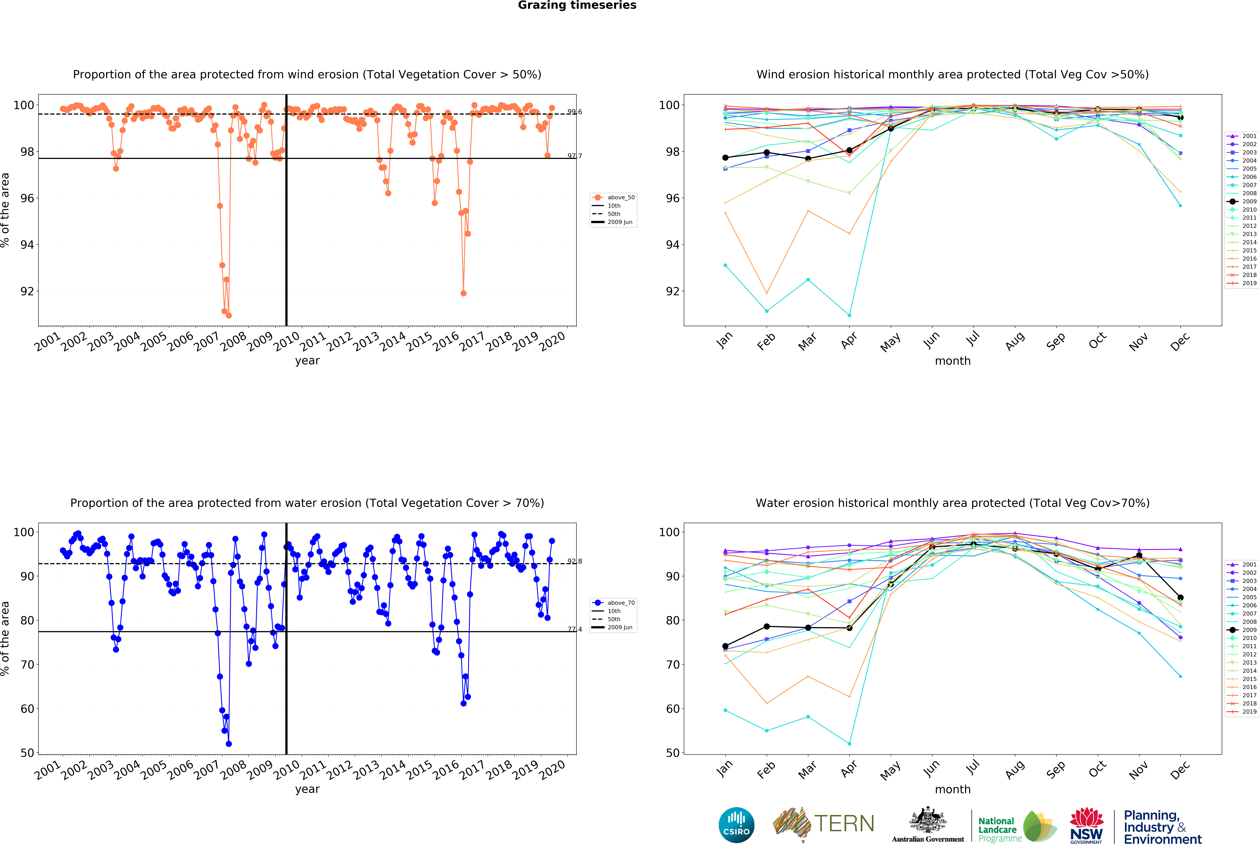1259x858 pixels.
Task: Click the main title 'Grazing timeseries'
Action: pos(577,5)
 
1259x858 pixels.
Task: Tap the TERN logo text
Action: pos(844,824)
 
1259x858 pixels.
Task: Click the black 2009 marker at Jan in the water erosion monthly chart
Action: pos(725,646)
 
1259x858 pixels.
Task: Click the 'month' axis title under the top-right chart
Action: pos(952,361)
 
